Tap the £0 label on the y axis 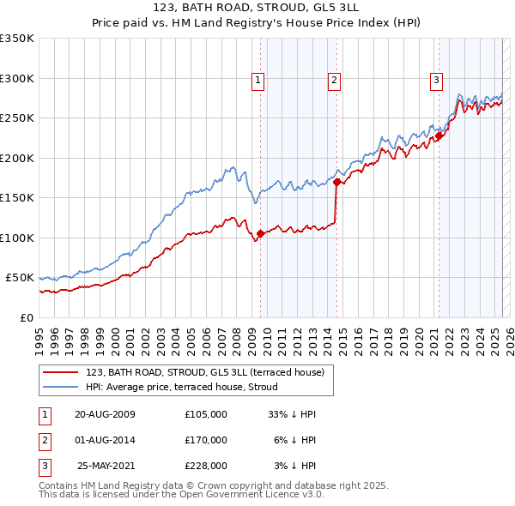26,317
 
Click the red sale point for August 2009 260,232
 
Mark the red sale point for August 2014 336,182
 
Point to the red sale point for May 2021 439,136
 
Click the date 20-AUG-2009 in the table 106,414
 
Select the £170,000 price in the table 206,440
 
